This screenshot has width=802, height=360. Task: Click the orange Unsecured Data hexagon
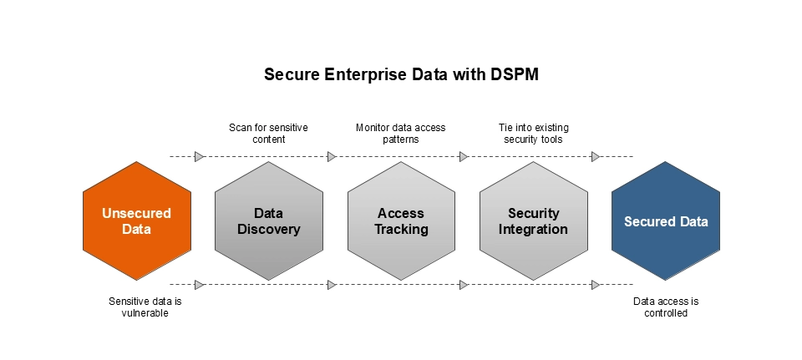click(x=136, y=221)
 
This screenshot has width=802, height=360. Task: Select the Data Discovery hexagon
click(x=268, y=221)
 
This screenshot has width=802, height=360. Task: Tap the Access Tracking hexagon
click(x=401, y=221)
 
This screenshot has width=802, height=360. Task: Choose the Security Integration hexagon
click(x=533, y=221)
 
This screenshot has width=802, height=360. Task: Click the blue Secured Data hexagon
click(x=666, y=221)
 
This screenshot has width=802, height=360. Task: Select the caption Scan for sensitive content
click(x=268, y=134)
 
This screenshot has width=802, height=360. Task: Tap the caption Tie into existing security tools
click(x=533, y=134)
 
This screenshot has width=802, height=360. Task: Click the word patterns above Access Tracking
click(x=401, y=139)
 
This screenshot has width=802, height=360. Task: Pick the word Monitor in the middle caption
click(x=373, y=128)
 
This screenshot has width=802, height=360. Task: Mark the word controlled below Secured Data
click(x=666, y=313)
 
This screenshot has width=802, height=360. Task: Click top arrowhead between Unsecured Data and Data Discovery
click(x=200, y=156)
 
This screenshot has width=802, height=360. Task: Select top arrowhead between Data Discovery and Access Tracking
click(x=332, y=156)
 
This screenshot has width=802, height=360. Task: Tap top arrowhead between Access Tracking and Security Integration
click(x=464, y=156)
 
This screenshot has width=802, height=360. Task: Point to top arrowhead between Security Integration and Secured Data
click(x=596, y=156)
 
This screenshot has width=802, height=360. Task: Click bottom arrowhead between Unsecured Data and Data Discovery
click(x=200, y=285)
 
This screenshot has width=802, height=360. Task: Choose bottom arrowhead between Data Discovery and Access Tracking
click(x=332, y=285)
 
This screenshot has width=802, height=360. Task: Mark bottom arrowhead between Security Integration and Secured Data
click(x=596, y=285)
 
